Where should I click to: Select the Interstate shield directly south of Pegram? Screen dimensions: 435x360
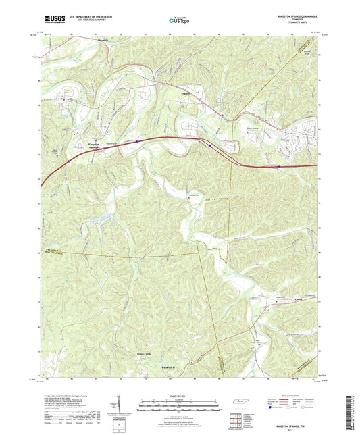[x=210, y=144]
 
